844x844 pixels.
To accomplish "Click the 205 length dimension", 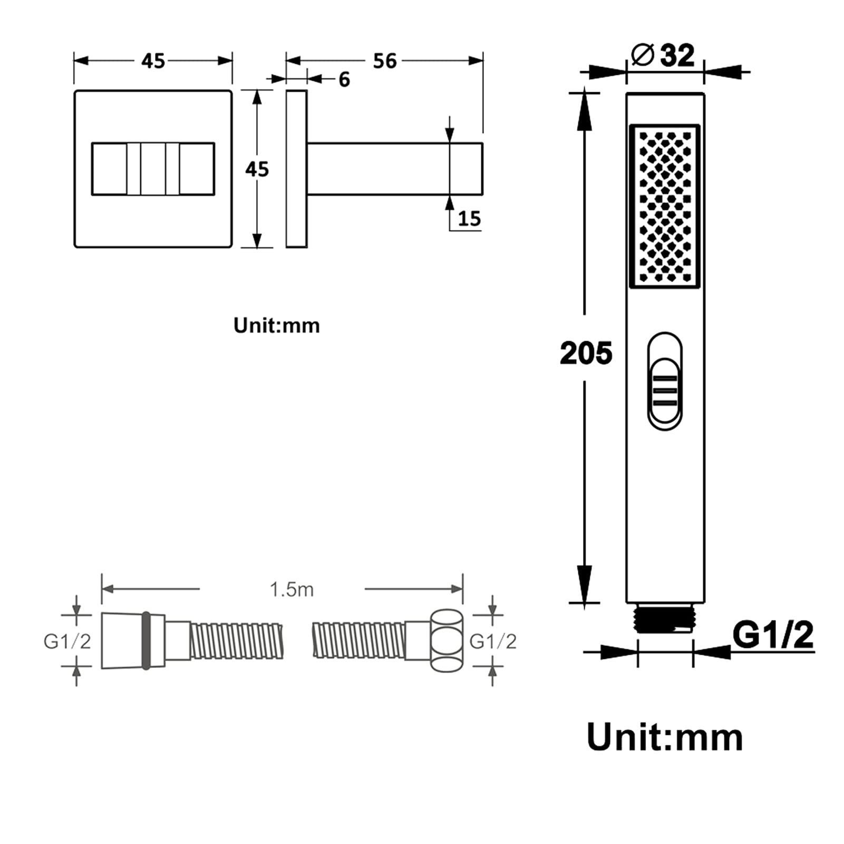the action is coord(586,353).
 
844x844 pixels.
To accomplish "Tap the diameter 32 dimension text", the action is coord(663,55).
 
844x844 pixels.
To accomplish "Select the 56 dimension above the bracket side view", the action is coord(384,61).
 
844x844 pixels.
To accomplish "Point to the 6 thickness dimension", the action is coord(344,80).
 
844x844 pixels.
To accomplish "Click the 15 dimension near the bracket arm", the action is coord(469,218).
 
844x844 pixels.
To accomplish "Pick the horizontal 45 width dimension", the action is coord(153,61).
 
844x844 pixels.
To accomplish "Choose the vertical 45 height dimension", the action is coord(257,169).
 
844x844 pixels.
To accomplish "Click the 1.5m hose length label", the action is coord(292,589).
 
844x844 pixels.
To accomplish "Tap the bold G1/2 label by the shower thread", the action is coord(773,635).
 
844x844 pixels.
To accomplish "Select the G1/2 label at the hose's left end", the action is coord(67,641).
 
